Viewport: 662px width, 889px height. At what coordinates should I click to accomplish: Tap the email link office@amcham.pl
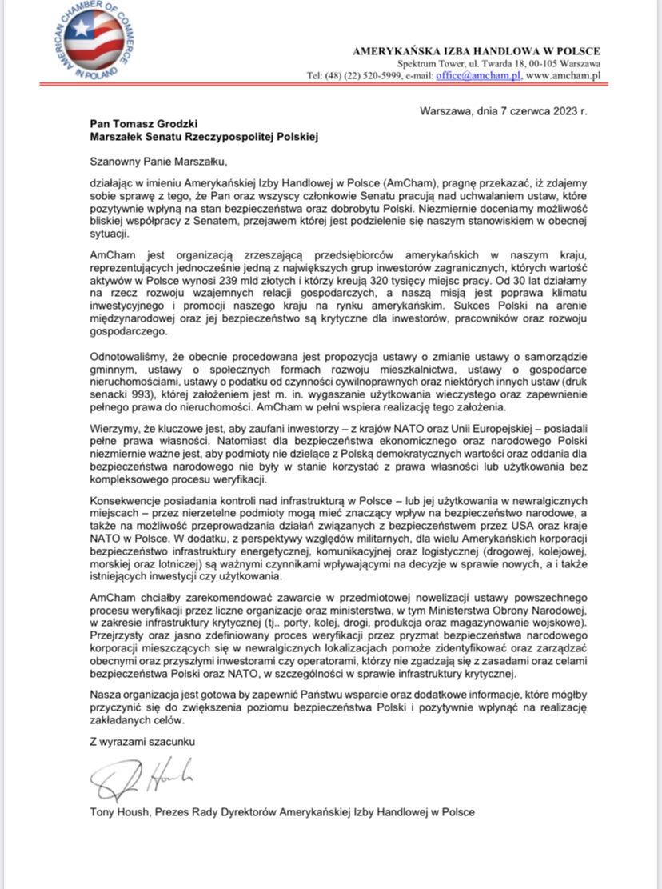[478, 75]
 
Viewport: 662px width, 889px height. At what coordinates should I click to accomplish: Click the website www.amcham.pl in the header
[563, 75]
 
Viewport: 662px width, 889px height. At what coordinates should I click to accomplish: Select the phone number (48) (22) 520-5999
[357, 75]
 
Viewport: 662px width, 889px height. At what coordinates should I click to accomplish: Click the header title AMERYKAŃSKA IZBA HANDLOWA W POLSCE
[477, 51]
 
